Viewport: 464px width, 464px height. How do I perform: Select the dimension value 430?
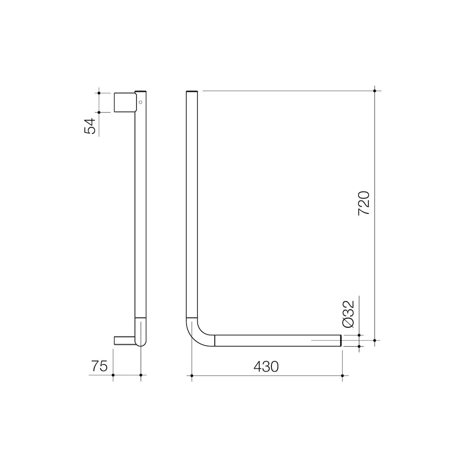(266, 367)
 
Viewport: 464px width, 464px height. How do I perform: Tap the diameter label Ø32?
(349, 314)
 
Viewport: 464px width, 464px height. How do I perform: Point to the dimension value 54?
(90, 126)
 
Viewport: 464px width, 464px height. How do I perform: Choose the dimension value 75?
(99, 367)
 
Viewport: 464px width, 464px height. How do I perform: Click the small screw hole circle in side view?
(140, 102)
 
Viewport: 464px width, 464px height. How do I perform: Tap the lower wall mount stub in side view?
(124, 341)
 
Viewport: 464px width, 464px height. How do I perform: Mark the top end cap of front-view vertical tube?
(192, 91)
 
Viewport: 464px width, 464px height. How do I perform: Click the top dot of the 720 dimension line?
(375, 91)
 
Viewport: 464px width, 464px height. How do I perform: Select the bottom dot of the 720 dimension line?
(375, 340)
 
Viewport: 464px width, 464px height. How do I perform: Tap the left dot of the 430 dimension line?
(192, 376)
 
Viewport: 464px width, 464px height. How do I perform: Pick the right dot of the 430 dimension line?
(342, 376)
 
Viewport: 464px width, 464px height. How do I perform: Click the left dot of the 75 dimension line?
(113, 375)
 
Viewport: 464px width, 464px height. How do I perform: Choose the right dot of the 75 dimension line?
(141, 375)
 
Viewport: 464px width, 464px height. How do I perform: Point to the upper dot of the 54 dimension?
(99, 93)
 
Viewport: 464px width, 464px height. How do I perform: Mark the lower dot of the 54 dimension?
(99, 112)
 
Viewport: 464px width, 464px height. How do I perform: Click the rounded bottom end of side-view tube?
(141, 343)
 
